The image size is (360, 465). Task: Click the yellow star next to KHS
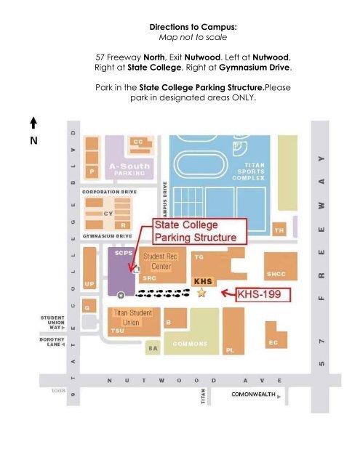201,292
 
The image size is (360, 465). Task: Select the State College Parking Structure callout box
199,231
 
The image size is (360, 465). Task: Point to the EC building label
273,342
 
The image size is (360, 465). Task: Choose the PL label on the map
230,350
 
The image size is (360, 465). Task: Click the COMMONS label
191,343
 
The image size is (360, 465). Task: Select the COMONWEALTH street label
250,395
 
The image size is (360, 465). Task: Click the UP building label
89,282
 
